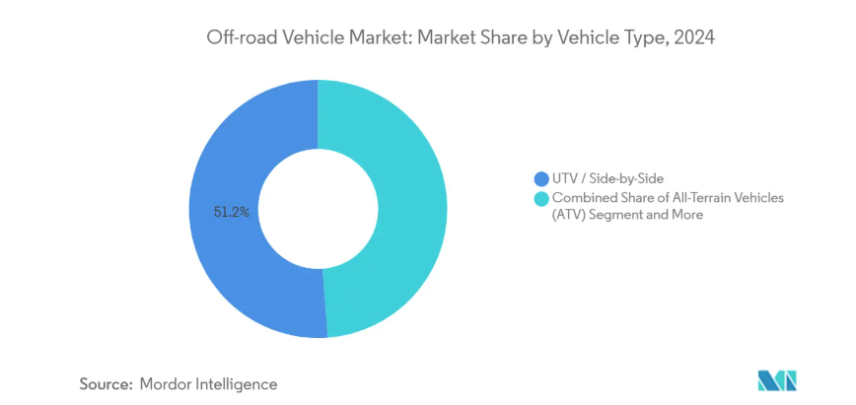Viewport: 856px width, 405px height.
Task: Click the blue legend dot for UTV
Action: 540,178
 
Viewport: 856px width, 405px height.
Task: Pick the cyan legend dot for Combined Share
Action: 540,198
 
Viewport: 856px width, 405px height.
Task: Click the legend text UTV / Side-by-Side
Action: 607,178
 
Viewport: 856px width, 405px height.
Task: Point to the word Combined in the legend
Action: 583,198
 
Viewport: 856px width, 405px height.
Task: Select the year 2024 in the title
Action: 691,38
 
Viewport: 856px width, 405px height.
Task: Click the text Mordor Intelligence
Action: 209,383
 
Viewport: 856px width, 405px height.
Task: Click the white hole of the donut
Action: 318,208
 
